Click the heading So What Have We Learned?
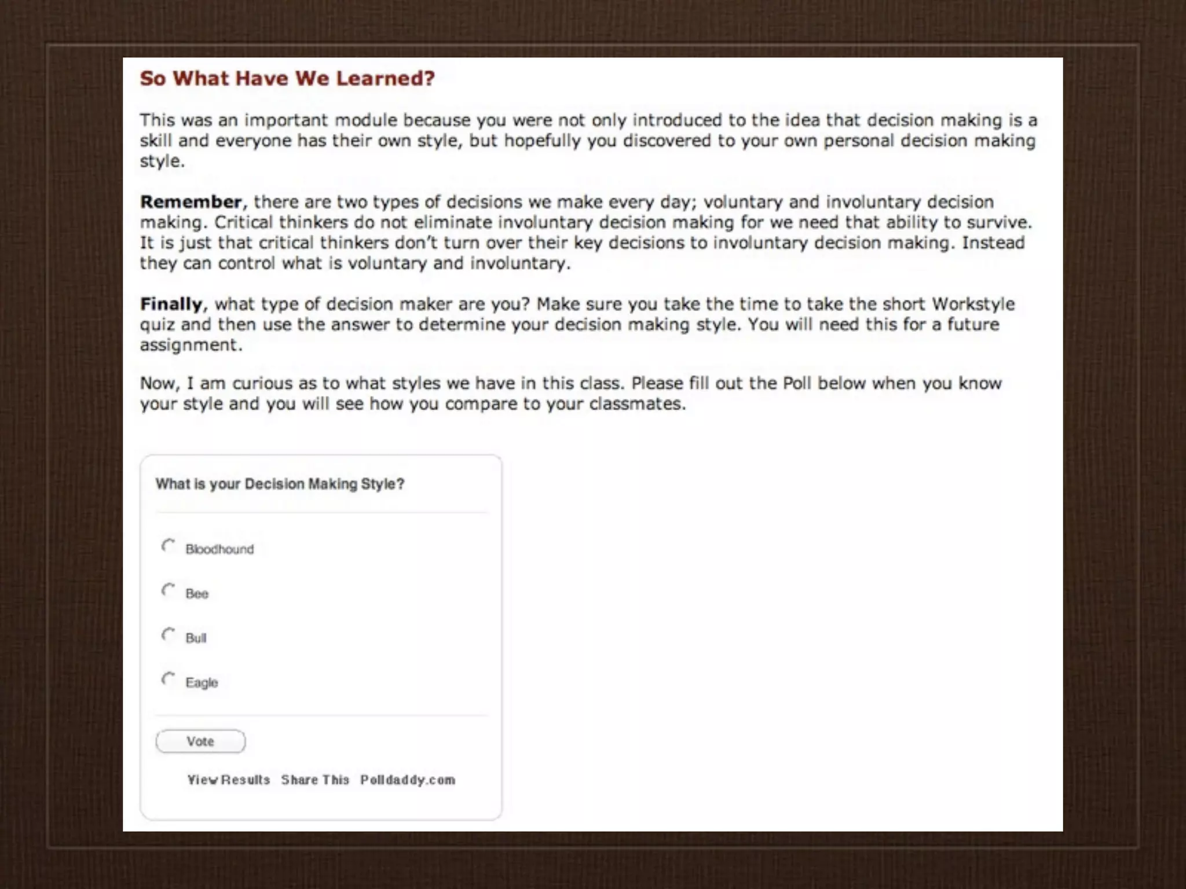(x=287, y=79)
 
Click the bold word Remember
(x=191, y=202)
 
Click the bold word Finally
(x=171, y=304)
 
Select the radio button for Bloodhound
(x=168, y=546)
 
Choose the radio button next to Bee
(x=168, y=590)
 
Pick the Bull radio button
(x=168, y=635)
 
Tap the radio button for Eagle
(x=168, y=679)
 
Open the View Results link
(x=229, y=780)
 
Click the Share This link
(x=316, y=780)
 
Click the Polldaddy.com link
(x=408, y=780)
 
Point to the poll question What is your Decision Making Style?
(x=280, y=484)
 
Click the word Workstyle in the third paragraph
(x=973, y=304)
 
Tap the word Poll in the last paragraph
(x=797, y=384)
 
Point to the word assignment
(x=190, y=345)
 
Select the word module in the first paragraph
(x=366, y=120)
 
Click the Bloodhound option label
(x=219, y=549)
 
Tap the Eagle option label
(x=202, y=683)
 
